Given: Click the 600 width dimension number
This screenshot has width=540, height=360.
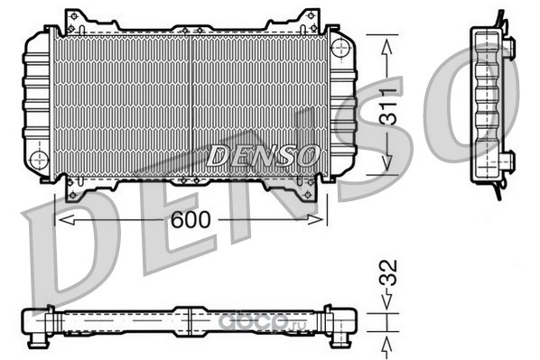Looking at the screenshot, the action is point(191,219).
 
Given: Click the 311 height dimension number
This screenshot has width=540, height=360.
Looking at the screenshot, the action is point(388,106).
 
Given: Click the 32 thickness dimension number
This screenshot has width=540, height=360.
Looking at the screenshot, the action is point(388,272).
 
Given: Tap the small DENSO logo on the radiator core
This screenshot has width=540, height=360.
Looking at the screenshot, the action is point(263,155).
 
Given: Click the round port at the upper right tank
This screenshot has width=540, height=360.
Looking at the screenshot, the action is point(340,48).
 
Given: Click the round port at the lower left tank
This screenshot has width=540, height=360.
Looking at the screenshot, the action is point(39,160).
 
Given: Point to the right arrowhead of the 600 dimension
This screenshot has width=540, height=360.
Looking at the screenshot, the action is point(315,219).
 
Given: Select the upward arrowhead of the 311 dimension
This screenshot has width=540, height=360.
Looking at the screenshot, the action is point(387,47).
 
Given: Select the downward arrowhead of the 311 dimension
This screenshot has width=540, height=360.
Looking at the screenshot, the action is point(387,162).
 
